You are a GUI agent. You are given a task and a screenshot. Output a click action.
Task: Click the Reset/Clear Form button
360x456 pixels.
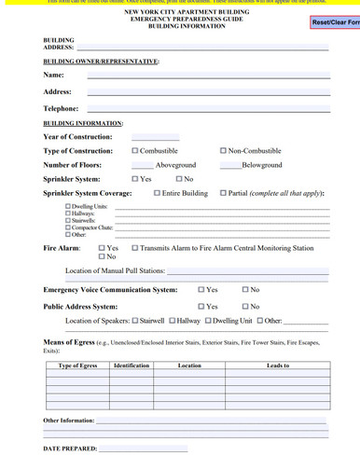pyautogui.click(x=335, y=21)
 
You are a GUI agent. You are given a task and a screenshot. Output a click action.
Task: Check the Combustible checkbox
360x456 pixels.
pyautogui.click(x=135, y=150)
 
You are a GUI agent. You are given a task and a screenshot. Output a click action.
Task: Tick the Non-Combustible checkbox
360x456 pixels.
pyautogui.click(x=223, y=150)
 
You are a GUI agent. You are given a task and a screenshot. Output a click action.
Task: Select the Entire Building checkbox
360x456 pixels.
pyautogui.click(x=157, y=193)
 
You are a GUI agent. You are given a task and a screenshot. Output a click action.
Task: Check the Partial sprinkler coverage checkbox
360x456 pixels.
pyautogui.click(x=223, y=193)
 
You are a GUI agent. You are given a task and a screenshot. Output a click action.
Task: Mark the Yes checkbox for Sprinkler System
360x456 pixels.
pyautogui.click(x=135, y=178)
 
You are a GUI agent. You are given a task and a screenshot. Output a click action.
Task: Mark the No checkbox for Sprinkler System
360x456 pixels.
pyautogui.click(x=178, y=178)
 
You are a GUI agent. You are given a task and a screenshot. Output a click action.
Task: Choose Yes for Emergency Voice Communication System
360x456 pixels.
pyautogui.click(x=201, y=290)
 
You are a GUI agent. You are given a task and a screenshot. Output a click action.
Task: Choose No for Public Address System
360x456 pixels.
pyautogui.click(x=244, y=306)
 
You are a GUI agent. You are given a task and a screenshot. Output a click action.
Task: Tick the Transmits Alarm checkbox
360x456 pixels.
pyautogui.click(x=135, y=248)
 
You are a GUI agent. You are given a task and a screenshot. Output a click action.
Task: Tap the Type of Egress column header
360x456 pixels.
pyautogui.click(x=77, y=366)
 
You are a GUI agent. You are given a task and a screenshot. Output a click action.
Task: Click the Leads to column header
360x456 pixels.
pyautogui.click(x=277, y=366)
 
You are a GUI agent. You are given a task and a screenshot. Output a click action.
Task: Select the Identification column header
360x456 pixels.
pyautogui.click(x=132, y=366)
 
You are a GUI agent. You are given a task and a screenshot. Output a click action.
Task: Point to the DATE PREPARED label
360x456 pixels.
pyautogui.click(x=70, y=449)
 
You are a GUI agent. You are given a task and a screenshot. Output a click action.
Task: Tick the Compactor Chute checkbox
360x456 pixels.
pyautogui.click(x=67, y=227)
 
